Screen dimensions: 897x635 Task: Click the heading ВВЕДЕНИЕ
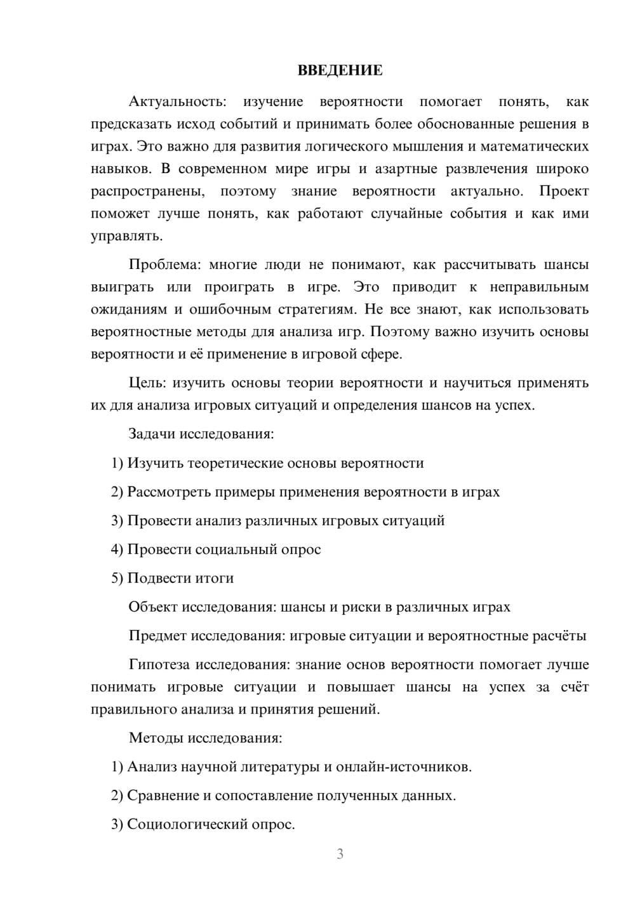pos(340,70)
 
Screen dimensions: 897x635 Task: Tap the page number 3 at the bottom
pos(340,854)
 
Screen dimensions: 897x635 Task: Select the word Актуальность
pos(176,101)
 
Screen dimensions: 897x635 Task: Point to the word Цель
pos(147,383)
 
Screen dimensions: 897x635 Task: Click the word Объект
pos(153,607)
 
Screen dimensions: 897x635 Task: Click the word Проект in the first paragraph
pos(564,191)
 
